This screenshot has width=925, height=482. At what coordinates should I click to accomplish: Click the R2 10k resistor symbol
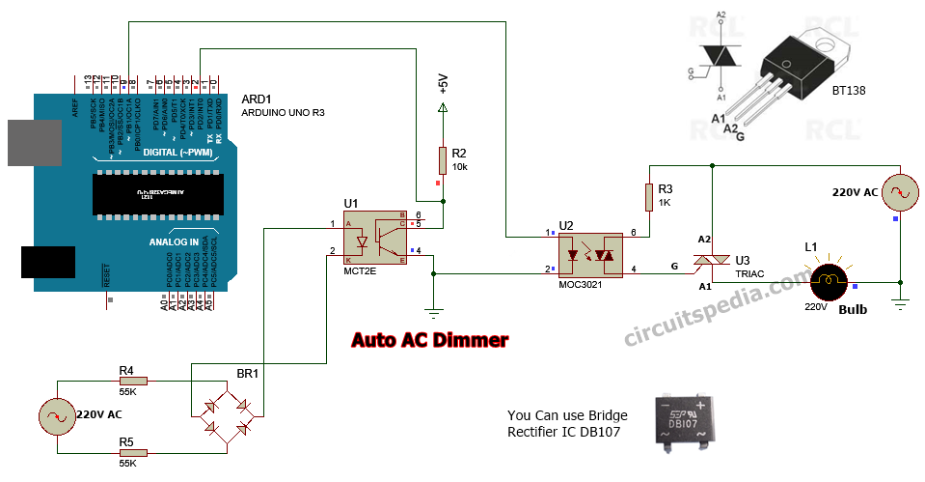tap(443, 160)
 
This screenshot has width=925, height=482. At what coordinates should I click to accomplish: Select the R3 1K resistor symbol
tap(649, 197)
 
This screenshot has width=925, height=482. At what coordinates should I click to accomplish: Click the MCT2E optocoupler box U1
tap(377, 239)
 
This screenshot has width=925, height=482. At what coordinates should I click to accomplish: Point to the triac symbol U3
tap(711, 261)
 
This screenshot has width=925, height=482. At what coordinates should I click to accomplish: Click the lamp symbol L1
tap(828, 282)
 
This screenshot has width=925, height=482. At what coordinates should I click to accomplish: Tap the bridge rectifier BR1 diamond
tap(227, 415)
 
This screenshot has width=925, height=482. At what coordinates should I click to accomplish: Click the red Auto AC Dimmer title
tap(429, 340)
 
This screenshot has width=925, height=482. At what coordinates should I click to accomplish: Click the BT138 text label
tap(848, 91)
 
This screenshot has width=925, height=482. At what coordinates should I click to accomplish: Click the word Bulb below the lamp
tap(853, 311)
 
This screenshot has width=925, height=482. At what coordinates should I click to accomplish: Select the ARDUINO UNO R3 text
tap(283, 112)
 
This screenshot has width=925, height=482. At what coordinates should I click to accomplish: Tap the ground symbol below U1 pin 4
tap(434, 310)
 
